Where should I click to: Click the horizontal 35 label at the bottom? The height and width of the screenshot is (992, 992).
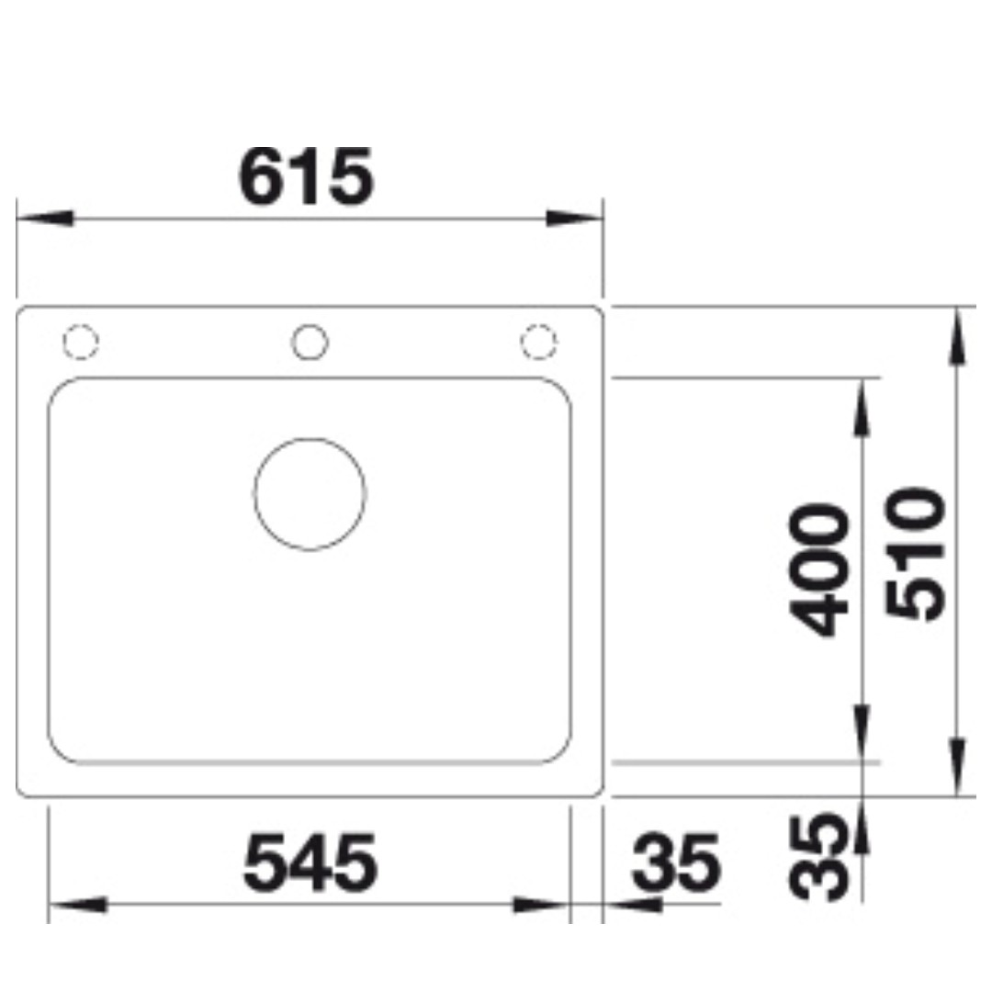676,862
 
